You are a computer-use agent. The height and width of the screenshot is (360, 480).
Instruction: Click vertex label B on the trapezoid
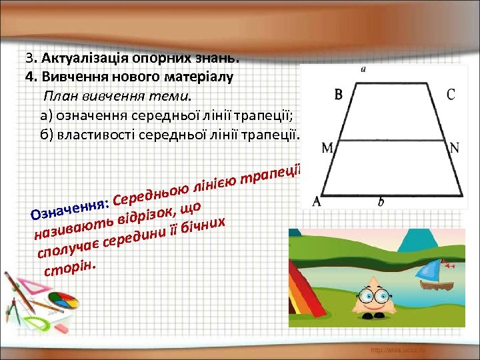(339, 95)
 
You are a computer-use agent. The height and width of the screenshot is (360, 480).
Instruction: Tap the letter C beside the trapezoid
(451, 95)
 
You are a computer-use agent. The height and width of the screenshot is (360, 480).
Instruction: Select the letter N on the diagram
(455, 149)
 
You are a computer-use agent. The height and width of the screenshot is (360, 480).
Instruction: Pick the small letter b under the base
(381, 201)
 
